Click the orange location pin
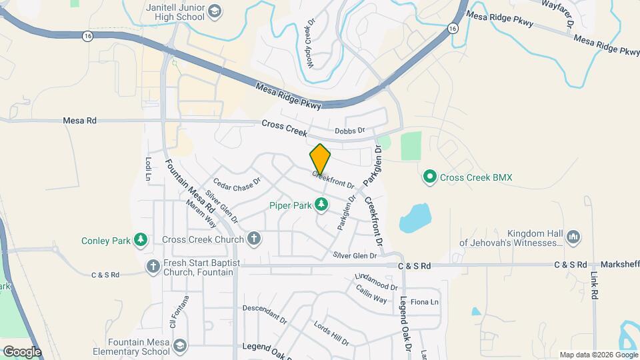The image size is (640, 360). [320, 159]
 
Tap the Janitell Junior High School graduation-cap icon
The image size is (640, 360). [215, 11]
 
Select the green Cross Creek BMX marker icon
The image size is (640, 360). [430, 177]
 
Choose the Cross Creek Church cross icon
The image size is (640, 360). [253, 238]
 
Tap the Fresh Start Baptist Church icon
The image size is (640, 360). [153, 267]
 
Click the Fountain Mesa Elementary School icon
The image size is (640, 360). [179, 345]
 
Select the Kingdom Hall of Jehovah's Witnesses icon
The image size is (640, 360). [573, 236]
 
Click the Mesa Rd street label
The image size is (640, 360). [79, 121]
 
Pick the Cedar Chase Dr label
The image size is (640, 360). [237, 181]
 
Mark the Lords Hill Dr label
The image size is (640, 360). [331, 333]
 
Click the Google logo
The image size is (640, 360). [22, 351]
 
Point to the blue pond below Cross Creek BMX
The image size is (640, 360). [416, 217]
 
